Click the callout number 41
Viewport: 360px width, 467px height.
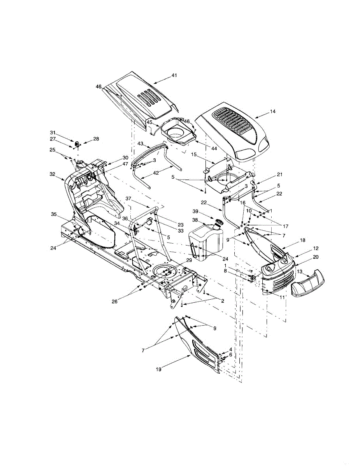coord(174,75)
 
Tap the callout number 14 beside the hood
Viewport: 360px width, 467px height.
coord(272,112)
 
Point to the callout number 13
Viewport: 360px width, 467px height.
coord(300,272)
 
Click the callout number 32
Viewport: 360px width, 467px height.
coord(53,174)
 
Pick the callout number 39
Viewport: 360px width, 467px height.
coord(195,211)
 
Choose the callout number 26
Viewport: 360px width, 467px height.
coord(114,302)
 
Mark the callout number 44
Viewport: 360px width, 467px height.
coord(214,149)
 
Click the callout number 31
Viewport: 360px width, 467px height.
coord(53,133)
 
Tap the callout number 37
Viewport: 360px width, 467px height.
coord(128,198)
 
